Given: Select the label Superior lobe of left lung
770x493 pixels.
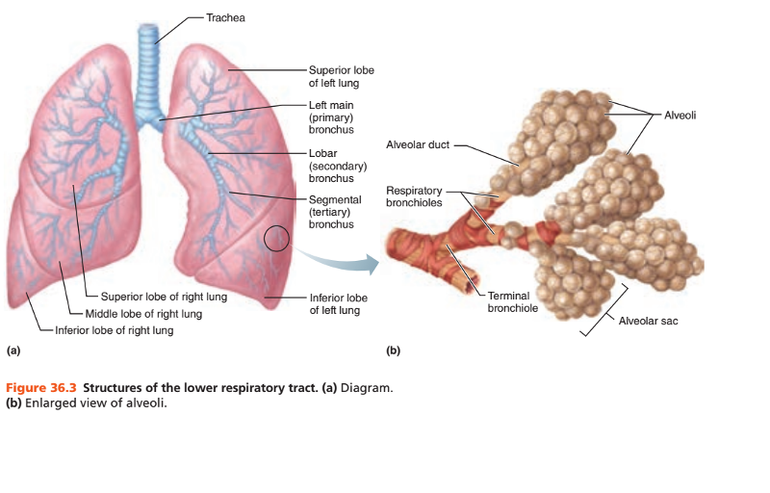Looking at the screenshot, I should coord(341,77).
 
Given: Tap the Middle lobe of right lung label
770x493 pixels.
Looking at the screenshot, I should coord(143,314).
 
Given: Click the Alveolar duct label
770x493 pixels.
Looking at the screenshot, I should coord(417,145).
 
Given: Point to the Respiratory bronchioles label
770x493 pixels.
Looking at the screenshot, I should coord(415,196).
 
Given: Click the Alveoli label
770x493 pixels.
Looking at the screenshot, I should coord(680,115).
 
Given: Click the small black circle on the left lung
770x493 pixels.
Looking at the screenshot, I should coord(275,237).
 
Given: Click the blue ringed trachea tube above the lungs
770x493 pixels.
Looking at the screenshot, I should coord(147,67).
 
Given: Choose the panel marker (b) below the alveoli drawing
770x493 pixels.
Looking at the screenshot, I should coord(393,350).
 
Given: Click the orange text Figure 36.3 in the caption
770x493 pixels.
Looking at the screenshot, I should coord(41,387).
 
